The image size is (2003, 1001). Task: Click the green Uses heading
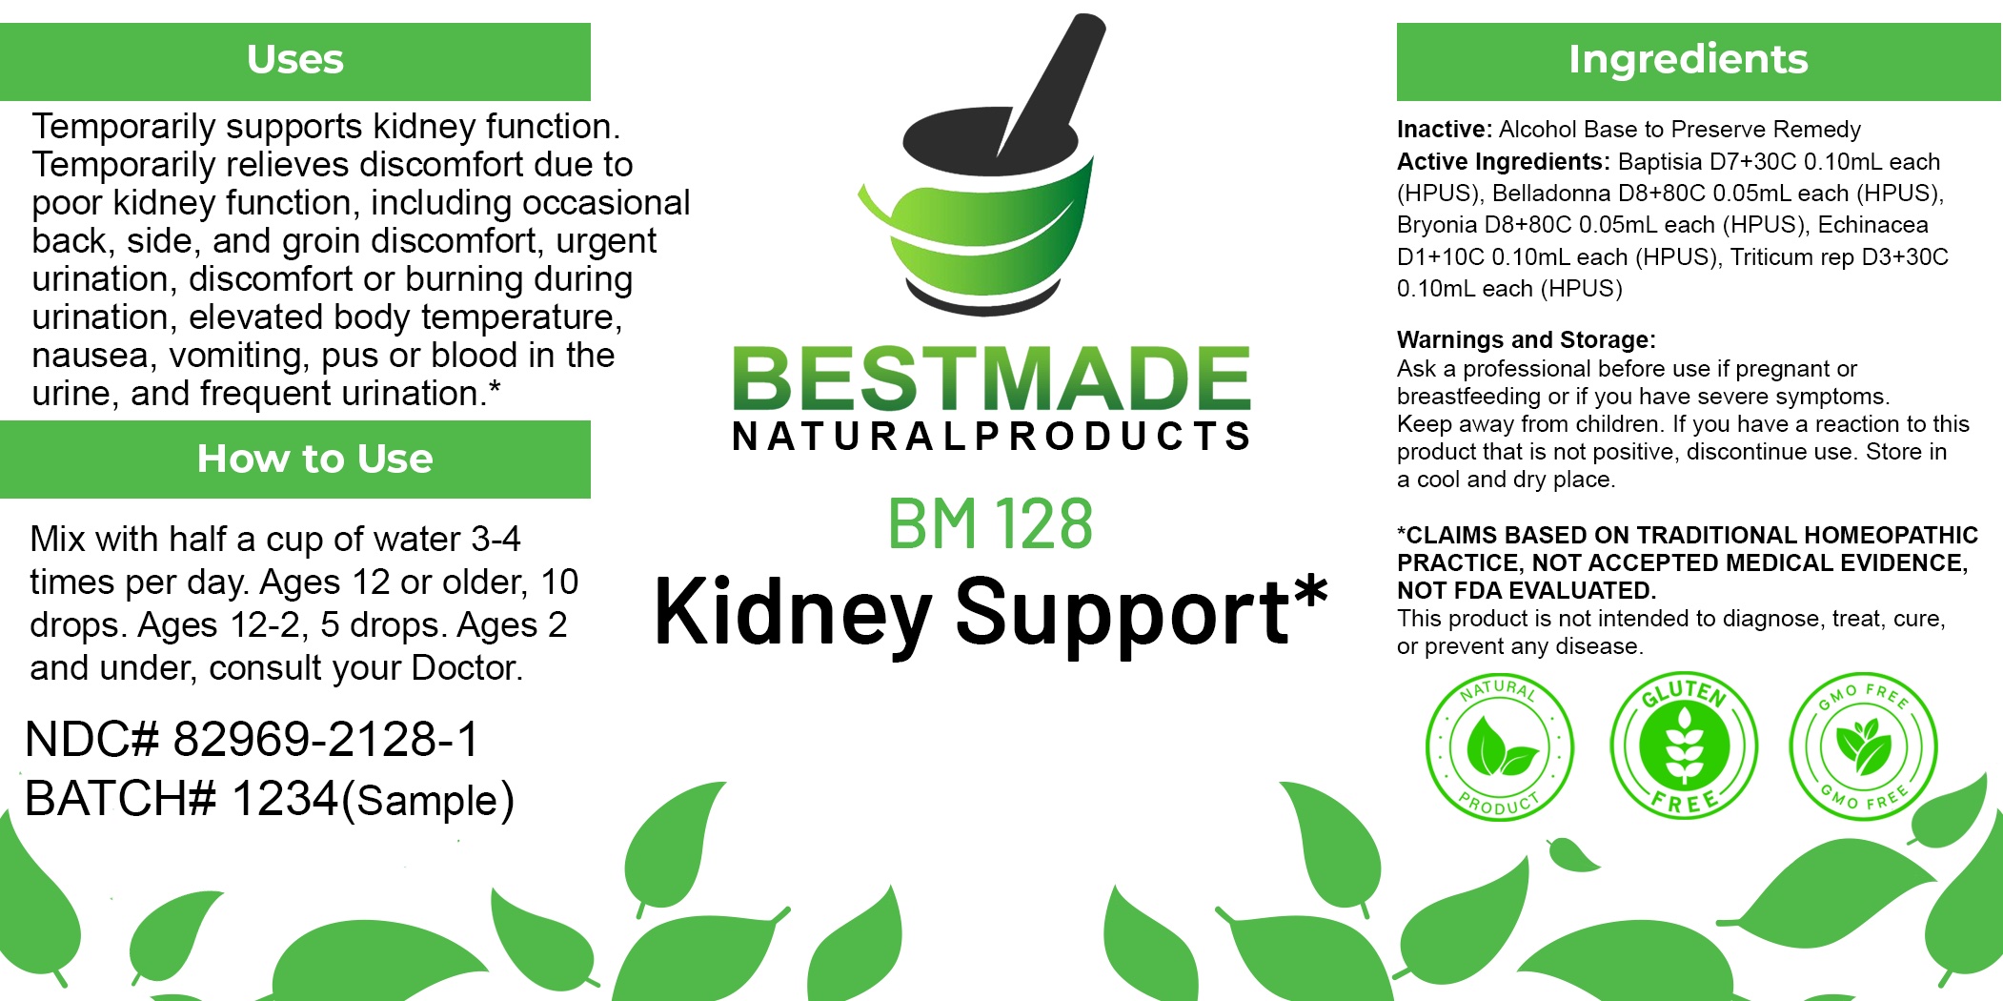coord(295,59)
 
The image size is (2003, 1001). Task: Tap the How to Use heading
coord(314,459)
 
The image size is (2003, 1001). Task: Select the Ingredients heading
coord(1688,59)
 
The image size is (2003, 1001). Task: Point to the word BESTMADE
coord(992,378)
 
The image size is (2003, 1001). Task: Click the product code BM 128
coord(990,523)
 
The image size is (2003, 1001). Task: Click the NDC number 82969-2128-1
coord(326,740)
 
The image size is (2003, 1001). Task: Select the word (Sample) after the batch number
coord(428,801)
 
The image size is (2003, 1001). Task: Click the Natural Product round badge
coord(1499,746)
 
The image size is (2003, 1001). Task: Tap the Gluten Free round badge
coord(1684,745)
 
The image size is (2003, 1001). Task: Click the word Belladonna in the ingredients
coord(1551,194)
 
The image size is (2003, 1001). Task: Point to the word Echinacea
coord(1872,225)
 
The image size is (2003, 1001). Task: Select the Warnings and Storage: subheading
coord(1527,340)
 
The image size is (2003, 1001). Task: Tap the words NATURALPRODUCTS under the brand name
coord(992,437)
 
